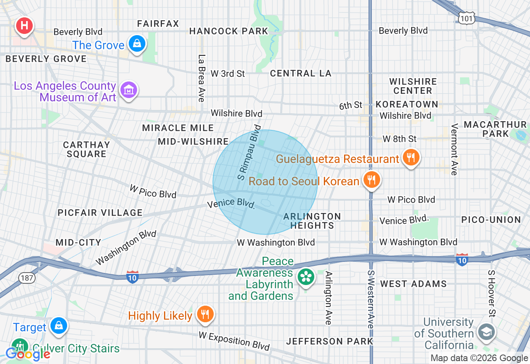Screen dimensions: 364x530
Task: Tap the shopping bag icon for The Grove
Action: [137, 43]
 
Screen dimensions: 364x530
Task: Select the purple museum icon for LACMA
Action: [128, 90]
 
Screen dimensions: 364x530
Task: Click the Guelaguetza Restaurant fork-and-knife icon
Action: [410, 157]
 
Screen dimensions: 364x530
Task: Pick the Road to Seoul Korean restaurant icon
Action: [372, 180]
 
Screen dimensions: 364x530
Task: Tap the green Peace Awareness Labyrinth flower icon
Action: [306, 276]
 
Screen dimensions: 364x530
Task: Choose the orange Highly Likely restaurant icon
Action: [204, 314]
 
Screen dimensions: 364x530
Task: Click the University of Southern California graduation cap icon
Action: [486, 332]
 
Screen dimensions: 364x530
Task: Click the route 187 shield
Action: [27, 278]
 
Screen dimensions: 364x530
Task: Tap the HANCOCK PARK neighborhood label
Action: [229, 31]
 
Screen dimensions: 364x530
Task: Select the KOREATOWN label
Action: [407, 104]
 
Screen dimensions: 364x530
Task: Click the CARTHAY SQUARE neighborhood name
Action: [86, 149]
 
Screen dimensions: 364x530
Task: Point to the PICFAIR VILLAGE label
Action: [100, 213]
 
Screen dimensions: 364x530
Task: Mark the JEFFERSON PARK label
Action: [330, 341]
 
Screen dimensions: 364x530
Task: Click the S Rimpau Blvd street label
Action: [250, 152]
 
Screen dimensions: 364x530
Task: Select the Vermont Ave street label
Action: [455, 149]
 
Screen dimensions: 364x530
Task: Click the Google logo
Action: [28, 354]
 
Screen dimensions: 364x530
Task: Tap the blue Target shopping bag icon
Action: [59, 326]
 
